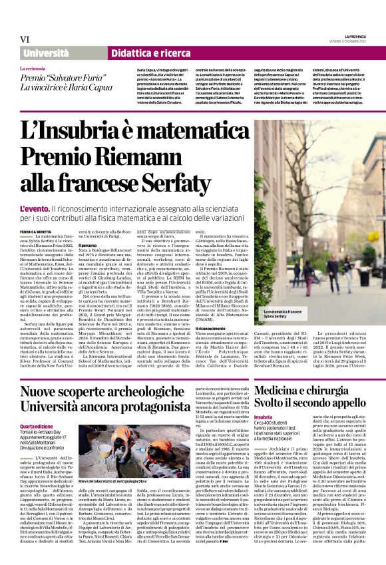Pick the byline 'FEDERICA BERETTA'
pos(35,230)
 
